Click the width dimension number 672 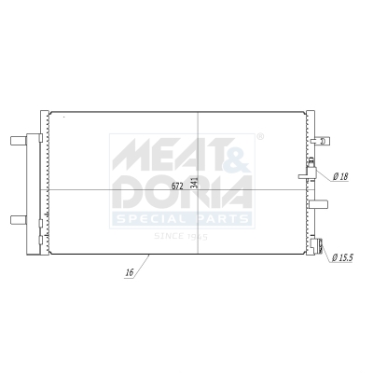[x=176, y=185]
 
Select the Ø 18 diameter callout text [x=340, y=176]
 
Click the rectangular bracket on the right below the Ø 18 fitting [x=321, y=202]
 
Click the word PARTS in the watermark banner [x=220, y=219]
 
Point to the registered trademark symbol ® [x=259, y=137]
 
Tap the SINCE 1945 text [x=180, y=236]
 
